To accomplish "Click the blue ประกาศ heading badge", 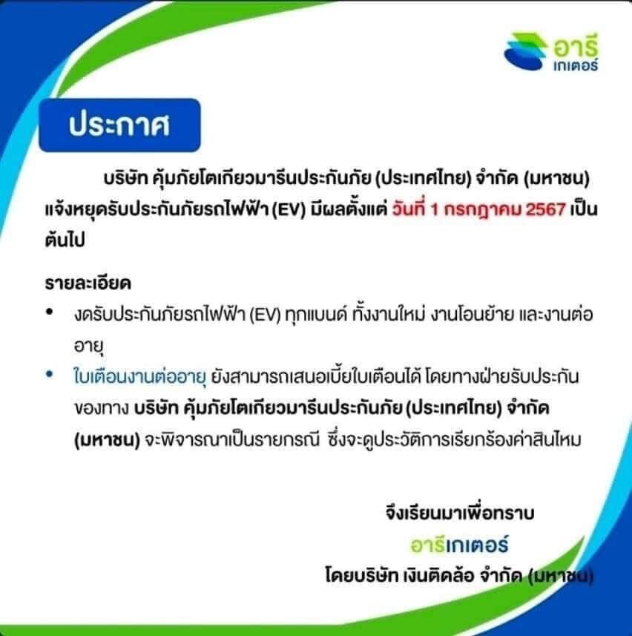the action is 119,125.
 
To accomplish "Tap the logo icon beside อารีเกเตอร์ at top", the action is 525,51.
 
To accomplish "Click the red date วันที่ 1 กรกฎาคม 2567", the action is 478,209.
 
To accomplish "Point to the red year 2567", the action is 545,210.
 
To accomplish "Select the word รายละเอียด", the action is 88,283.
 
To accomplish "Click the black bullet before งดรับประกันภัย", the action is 50,312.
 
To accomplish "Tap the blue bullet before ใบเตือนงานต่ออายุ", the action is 50,374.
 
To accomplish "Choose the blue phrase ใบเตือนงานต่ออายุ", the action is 140,376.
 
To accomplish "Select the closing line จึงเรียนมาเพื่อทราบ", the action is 460,513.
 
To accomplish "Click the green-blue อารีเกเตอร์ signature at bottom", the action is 459,544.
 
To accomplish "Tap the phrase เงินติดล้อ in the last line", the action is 438,574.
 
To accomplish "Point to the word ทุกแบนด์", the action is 317,315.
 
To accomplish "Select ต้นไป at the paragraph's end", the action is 65,240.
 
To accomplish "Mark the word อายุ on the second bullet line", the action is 89,346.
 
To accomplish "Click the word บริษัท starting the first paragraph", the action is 125,178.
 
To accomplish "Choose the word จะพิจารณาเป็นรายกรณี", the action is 232,439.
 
